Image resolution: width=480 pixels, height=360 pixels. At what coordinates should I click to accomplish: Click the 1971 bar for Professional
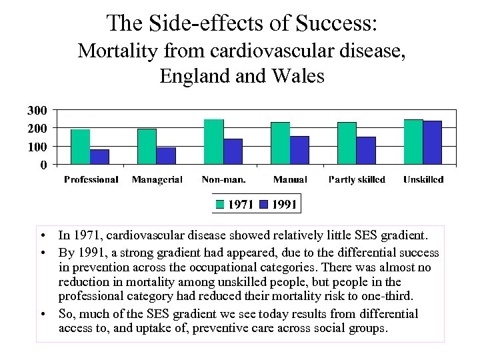click(x=80, y=147)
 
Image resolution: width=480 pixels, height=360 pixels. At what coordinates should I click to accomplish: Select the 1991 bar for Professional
click(x=99, y=157)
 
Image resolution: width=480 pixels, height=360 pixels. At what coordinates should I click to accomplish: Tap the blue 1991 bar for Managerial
click(x=166, y=156)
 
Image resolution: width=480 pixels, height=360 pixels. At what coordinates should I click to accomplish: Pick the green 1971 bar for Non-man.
click(x=214, y=141)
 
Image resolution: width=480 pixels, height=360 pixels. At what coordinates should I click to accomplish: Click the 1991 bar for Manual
click(x=299, y=150)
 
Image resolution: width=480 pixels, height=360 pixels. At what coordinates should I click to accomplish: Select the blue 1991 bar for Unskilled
click(x=433, y=142)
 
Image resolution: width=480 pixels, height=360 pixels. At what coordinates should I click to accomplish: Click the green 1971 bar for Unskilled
click(x=413, y=141)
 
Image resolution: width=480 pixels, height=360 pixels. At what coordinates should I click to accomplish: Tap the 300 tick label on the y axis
click(x=37, y=110)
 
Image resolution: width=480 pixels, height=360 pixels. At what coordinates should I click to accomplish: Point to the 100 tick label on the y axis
click(x=37, y=146)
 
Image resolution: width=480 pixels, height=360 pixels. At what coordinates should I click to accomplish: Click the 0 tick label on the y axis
click(x=43, y=164)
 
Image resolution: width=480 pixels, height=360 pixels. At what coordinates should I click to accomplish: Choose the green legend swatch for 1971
click(x=221, y=204)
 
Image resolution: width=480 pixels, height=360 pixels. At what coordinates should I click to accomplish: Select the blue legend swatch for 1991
click(x=265, y=204)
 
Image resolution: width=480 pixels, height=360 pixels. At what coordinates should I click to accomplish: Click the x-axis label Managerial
click(x=157, y=180)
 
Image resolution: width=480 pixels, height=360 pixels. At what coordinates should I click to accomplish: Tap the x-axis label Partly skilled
click(x=357, y=180)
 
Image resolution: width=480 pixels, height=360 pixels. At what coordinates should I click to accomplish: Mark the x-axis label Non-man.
click(x=223, y=180)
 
